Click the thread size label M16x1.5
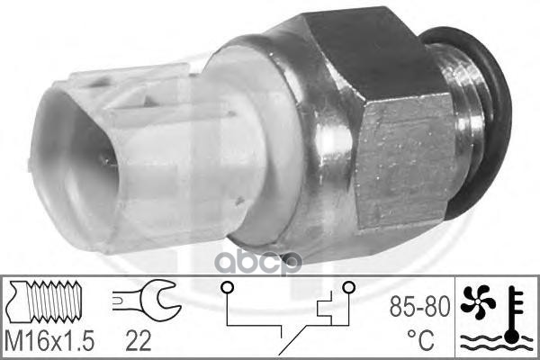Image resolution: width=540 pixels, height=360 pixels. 49,341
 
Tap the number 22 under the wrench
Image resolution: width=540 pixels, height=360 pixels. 138,341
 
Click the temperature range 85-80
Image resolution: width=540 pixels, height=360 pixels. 419,307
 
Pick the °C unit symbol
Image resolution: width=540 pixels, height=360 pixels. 421,340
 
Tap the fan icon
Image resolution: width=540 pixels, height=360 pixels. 478,301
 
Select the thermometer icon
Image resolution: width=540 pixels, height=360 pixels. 514,314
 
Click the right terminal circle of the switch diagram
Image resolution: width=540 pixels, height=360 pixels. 348,287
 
